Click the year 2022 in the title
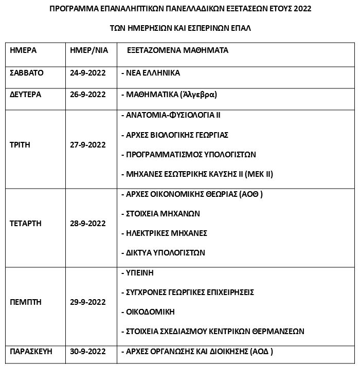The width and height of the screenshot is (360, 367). tap(301, 9)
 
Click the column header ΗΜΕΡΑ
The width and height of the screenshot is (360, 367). tap(23, 51)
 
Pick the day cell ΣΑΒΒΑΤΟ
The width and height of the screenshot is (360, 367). tap(27, 72)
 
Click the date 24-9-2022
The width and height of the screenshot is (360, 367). tap(87, 72)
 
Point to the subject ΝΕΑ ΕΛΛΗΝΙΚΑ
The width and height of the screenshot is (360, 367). tap(153, 72)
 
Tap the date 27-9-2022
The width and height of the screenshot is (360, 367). tap(87, 145)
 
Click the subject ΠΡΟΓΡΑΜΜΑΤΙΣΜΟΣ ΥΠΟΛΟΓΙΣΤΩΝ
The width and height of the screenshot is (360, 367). tap(191, 154)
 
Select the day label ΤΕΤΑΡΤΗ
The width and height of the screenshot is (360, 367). tap(25, 224)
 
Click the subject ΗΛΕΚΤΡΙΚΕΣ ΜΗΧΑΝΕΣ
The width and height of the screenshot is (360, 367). tap(167, 233)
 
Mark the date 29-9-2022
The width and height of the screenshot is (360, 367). tap(87, 302)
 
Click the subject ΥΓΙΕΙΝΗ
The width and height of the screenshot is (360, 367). tap(140, 272)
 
